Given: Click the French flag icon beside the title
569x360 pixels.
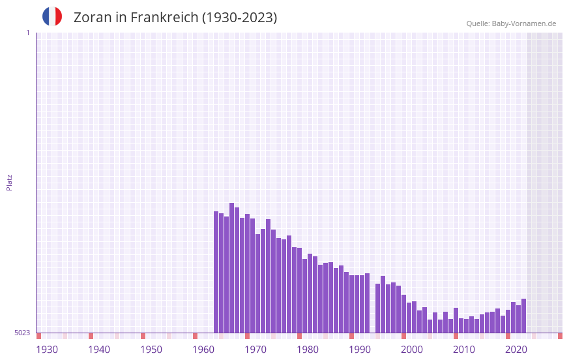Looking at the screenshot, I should [52, 16].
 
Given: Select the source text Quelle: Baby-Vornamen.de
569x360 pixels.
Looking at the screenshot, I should [511, 23].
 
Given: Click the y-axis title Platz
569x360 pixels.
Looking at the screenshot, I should [9, 182].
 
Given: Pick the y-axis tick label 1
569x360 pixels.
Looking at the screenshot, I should [27, 33].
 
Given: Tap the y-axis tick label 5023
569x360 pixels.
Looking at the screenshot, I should [22, 333].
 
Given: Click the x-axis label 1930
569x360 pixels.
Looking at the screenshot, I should [47, 350].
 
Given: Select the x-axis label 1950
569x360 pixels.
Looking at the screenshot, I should [151, 350].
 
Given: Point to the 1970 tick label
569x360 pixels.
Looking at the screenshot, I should [255, 350].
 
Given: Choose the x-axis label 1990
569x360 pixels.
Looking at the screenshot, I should [360, 350].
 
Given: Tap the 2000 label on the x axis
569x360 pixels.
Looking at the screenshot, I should [412, 350].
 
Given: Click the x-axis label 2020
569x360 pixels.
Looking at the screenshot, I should [516, 350].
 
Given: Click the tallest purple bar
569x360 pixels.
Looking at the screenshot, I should [231, 267].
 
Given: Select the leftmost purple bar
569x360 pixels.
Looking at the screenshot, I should [216, 272].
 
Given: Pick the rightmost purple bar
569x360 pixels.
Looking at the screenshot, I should [523, 316].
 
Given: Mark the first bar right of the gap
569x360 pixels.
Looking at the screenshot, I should [377, 308].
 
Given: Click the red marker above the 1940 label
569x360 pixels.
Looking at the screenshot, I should [91, 336].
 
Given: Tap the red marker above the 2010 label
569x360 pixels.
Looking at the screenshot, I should [456, 336].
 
